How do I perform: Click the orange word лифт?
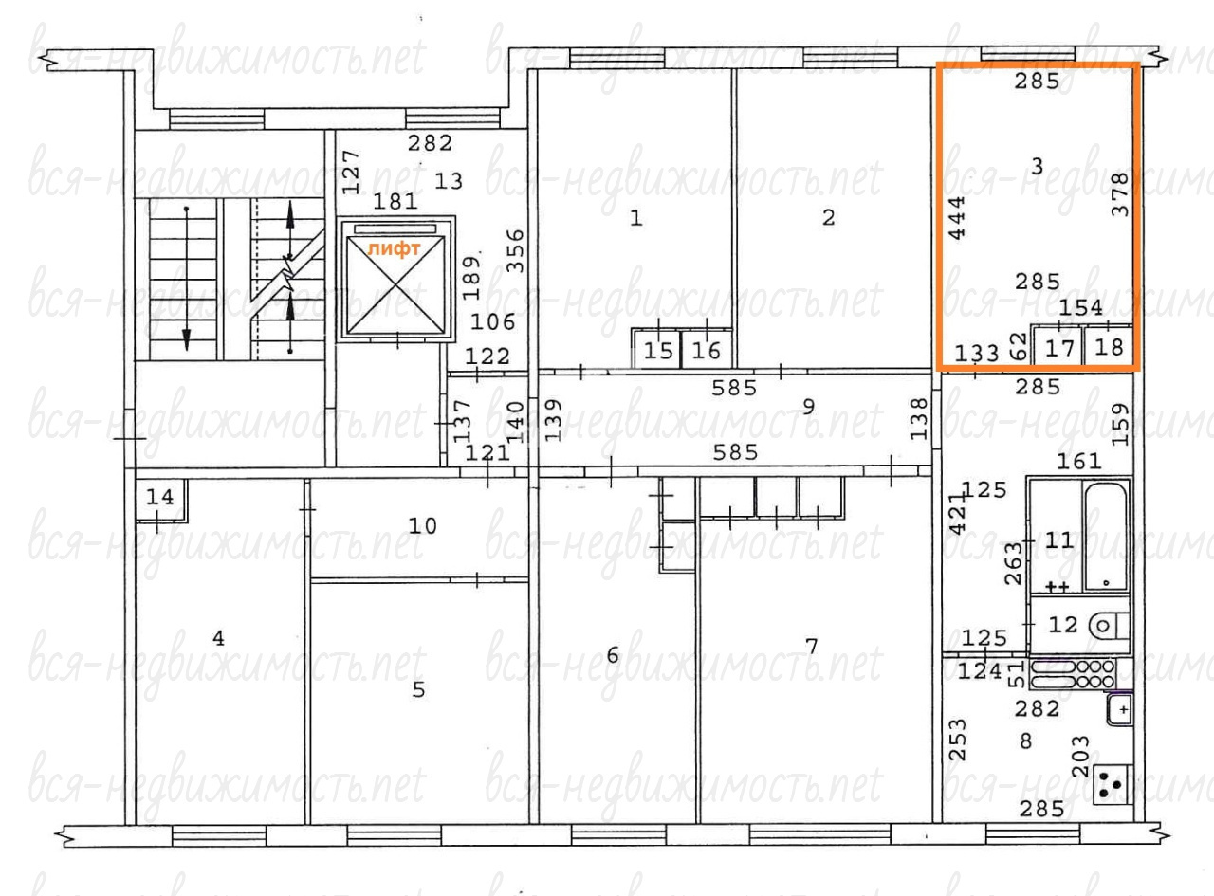(x=394, y=248)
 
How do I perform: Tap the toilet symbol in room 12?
(x=1109, y=625)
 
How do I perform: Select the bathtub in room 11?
(x=1106, y=536)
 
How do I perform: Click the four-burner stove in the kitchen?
(x=1113, y=785)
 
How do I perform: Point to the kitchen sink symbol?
(x=1120, y=709)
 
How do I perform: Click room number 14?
(x=160, y=497)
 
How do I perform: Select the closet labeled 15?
(x=657, y=350)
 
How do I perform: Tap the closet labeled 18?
(x=1109, y=346)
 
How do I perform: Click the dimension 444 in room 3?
(x=957, y=218)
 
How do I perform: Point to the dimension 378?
(x=1120, y=194)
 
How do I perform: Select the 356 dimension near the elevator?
(x=515, y=251)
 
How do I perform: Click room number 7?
(x=812, y=647)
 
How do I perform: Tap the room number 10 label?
(x=423, y=526)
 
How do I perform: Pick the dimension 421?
(x=957, y=513)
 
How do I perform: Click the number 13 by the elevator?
(x=449, y=181)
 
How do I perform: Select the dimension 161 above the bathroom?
(x=1078, y=462)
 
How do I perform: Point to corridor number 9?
(x=808, y=406)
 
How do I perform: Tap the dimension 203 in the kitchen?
(x=1081, y=757)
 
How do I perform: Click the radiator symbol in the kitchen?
(x=1073, y=674)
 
